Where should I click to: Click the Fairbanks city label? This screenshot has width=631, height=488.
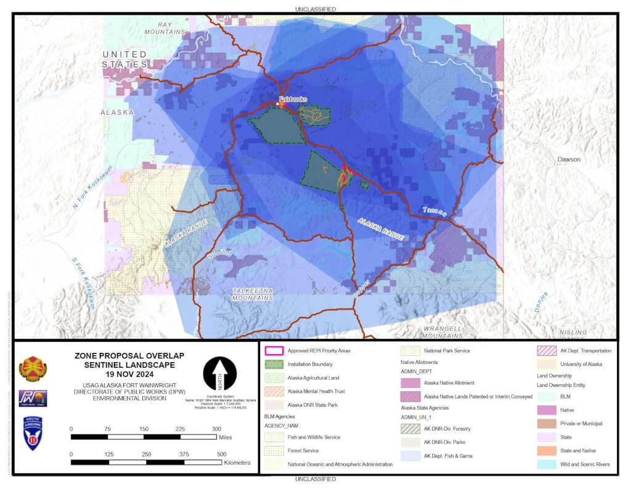[288, 99]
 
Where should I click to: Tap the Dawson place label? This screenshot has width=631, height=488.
[569, 159]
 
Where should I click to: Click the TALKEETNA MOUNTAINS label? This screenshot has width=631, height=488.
[253, 294]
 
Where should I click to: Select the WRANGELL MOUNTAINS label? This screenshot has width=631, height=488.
[442, 332]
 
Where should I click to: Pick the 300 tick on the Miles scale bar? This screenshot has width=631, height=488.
[216, 436]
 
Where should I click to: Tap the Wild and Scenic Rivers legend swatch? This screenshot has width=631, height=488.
[545, 464]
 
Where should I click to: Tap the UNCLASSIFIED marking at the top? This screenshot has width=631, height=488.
[315, 9]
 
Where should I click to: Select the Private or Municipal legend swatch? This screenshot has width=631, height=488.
[545, 423]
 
